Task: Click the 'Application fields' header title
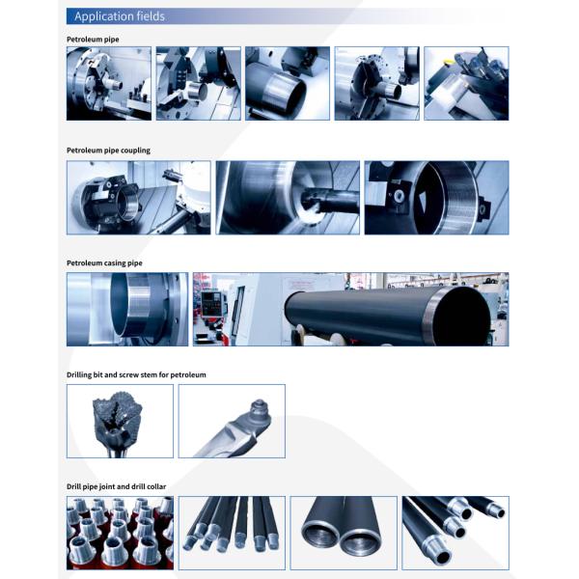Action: pos(120,16)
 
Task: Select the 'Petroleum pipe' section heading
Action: pos(93,40)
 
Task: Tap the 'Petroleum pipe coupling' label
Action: pos(108,151)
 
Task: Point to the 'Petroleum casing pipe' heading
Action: pos(104,262)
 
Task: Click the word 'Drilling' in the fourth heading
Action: pos(79,374)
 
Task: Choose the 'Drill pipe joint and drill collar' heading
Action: pos(117,486)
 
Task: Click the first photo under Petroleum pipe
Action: pos(109,83)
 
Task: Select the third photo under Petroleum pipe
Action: pos(288,83)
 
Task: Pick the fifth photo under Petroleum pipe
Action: pos(466,83)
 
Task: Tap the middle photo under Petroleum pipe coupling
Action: pos(288,198)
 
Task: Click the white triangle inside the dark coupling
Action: pos(422,202)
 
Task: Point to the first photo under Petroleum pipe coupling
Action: pos(139,198)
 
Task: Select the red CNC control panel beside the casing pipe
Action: pos(209,305)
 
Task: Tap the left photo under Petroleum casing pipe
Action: pos(127,310)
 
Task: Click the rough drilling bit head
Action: pos(117,415)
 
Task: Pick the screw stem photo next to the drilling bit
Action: pos(232,422)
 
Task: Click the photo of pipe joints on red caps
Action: pos(120,533)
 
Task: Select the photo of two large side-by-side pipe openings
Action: pos(344,533)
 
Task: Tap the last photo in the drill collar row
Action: pos(455,533)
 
